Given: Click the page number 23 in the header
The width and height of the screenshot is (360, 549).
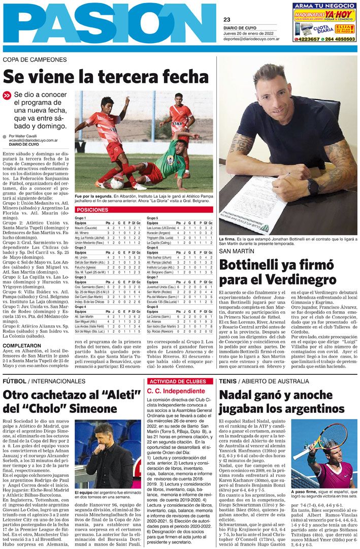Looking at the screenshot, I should click(226, 20).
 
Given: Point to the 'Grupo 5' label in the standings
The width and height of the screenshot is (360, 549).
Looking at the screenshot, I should click(153, 218).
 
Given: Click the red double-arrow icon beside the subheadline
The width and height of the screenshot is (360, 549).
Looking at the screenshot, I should click(7, 95).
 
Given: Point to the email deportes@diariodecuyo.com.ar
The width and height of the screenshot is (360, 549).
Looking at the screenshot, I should click(251, 39).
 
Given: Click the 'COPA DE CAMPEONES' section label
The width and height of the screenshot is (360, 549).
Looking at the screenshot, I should click(35, 60).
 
